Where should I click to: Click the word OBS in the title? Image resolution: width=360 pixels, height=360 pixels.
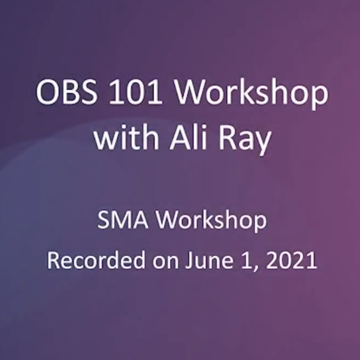tap(66, 92)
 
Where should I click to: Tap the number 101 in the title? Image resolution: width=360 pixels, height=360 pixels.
tap(136, 92)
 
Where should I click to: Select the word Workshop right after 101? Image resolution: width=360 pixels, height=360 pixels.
tap(251, 94)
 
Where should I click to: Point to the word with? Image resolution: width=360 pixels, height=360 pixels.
tap(126, 138)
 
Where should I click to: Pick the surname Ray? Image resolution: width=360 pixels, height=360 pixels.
tap(245, 140)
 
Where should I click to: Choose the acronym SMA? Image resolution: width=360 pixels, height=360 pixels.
tap(123, 220)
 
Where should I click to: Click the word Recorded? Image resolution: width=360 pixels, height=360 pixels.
tap(96, 260)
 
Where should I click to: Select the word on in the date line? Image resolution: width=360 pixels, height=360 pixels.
tap(166, 262)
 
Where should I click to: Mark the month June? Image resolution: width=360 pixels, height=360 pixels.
tap(210, 260)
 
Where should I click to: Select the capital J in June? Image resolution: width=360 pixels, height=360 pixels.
tap(189, 260)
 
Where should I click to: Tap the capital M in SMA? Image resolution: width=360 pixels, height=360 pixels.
tap(122, 220)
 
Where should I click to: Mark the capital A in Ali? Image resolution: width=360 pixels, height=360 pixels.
tap(181, 138)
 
